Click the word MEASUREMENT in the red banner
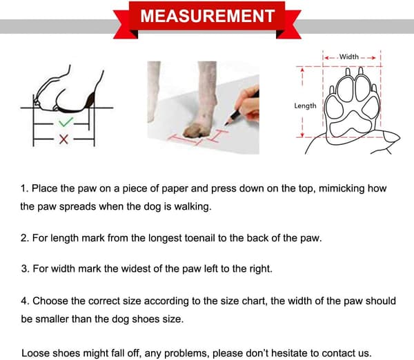pyautogui.click(x=208, y=16)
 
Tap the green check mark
pyautogui.click(x=66, y=122)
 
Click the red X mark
pyautogui.click(x=63, y=139)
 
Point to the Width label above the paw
pyautogui.click(x=348, y=57)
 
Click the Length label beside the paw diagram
pyautogui.click(x=305, y=106)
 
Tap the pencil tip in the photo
pyautogui.click(x=226, y=123)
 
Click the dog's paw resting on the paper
pyautogui.click(x=196, y=130)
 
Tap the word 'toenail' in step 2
pyautogui.click(x=199, y=238)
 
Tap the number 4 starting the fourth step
pyautogui.click(x=24, y=301)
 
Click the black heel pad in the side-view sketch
pyautogui.click(x=90, y=101)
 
